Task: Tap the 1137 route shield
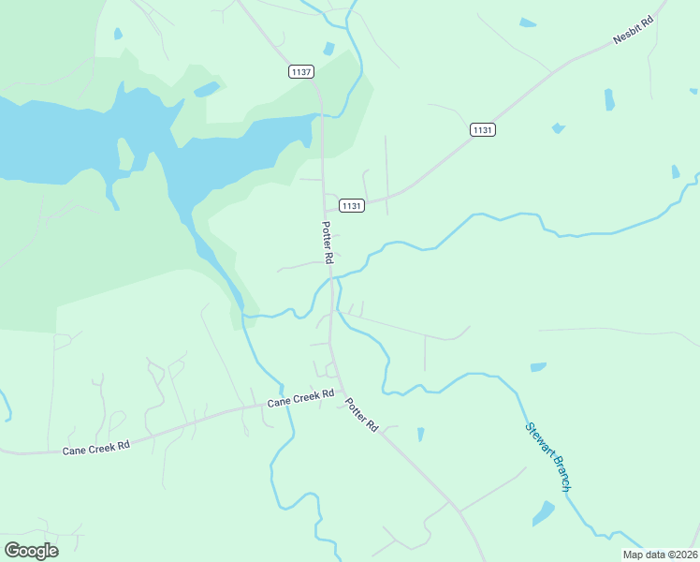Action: [301, 71]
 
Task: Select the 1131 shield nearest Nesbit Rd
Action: [482, 130]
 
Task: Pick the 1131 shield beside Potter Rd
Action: [351, 205]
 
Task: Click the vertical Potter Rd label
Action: [328, 243]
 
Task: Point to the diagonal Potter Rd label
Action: [360, 414]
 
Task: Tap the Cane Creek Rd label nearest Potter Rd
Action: [300, 399]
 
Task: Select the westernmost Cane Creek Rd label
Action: [95, 449]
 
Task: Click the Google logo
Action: [32, 551]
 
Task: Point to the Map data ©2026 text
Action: [660, 555]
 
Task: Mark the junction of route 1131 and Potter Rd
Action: [326, 204]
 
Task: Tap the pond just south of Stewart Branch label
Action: [543, 513]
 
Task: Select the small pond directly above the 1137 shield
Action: [328, 49]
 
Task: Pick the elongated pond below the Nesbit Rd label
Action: [609, 99]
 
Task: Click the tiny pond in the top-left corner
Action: [118, 34]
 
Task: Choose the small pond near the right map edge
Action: [675, 171]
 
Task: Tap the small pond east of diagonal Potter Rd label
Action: [420, 435]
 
